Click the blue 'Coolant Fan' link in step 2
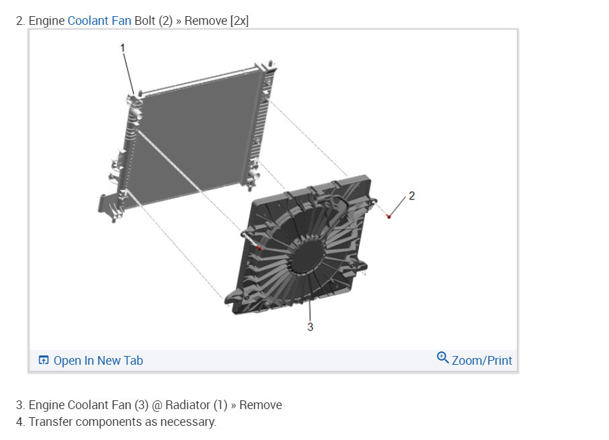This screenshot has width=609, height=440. point(99,21)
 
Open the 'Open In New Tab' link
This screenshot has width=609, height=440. point(98,361)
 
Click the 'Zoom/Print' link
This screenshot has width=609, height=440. point(481,361)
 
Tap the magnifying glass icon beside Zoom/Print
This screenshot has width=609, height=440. point(443,357)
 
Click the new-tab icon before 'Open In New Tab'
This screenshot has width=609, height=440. point(44,360)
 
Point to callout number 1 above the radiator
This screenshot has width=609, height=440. point(123,48)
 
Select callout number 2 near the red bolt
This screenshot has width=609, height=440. point(411,195)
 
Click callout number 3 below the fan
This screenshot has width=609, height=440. point(310,326)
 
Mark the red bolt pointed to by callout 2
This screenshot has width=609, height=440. point(389,216)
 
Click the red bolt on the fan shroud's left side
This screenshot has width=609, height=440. point(259,248)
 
